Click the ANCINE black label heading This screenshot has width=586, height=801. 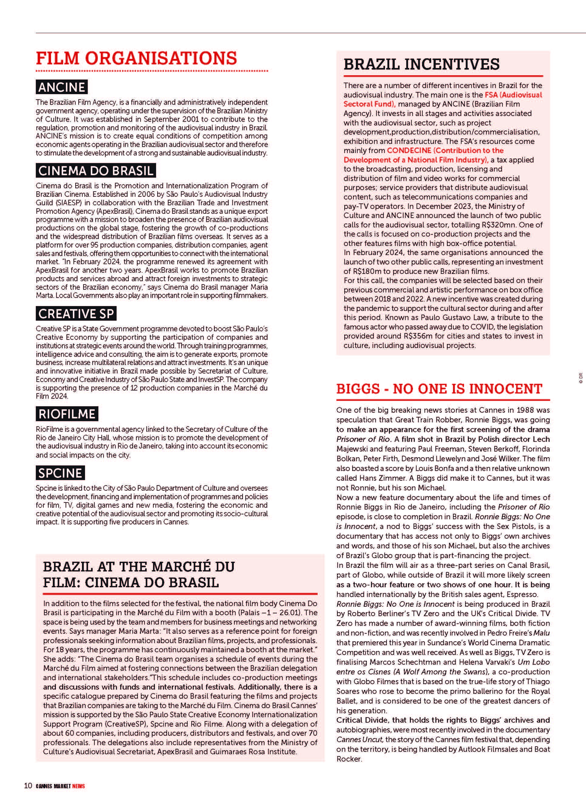tap(62, 87)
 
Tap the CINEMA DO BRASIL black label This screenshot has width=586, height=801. tap(96, 171)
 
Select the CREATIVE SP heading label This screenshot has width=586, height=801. tap(76, 314)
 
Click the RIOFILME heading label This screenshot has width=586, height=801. tap(67, 414)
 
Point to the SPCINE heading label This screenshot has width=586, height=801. tap(60, 473)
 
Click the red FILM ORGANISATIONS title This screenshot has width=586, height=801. tap(137, 58)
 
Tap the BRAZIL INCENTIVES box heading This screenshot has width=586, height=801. tap(421, 64)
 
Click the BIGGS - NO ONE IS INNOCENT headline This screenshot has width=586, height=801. tap(439, 389)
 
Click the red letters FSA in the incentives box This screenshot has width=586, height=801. tap(492, 95)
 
